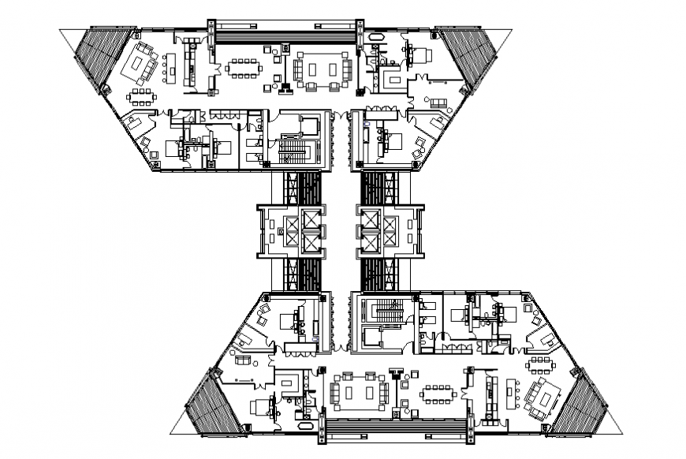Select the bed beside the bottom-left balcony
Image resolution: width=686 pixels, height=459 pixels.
tap(260, 406)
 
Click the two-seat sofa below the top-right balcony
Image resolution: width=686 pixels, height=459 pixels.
tap(438, 102)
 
